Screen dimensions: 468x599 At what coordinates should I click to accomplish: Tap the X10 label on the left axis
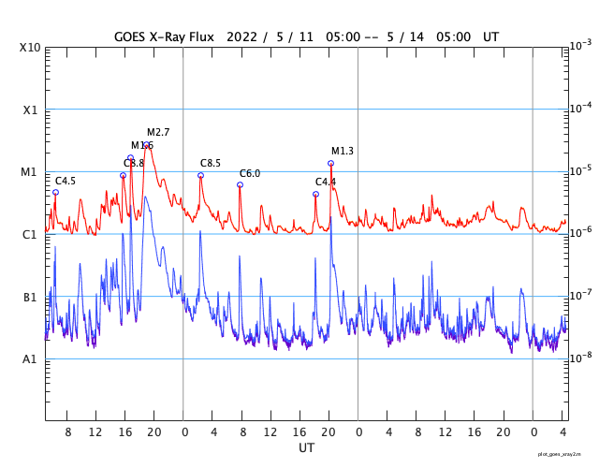tap(30, 48)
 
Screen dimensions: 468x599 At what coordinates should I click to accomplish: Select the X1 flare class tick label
tap(30, 110)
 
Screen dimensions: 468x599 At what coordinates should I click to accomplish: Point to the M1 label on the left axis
tap(30, 172)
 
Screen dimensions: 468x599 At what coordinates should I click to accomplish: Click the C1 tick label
tap(30, 234)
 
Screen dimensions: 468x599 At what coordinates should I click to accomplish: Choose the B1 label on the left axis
tap(30, 297)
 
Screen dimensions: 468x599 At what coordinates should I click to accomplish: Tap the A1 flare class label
tap(30, 359)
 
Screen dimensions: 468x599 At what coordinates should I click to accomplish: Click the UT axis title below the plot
tap(306, 448)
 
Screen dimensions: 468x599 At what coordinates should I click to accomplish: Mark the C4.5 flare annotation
tap(66, 181)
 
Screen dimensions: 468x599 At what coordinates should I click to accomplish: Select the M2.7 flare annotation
tap(158, 132)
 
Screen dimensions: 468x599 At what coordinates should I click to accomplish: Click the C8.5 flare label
tap(211, 164)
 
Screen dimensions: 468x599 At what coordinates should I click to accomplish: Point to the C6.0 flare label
tap(250, 173)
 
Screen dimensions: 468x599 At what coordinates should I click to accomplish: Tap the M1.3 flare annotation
tap(343, 151)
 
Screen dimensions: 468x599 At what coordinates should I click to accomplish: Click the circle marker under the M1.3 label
tap(330, 164)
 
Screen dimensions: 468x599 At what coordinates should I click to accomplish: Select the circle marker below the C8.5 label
tap(200, 175)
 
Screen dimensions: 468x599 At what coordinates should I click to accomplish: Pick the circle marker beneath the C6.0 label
tap(240, 184)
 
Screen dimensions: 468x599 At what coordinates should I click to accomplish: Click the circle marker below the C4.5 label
tap(55, 192)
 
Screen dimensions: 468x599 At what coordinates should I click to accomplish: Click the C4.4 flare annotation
tap(325, 182)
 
